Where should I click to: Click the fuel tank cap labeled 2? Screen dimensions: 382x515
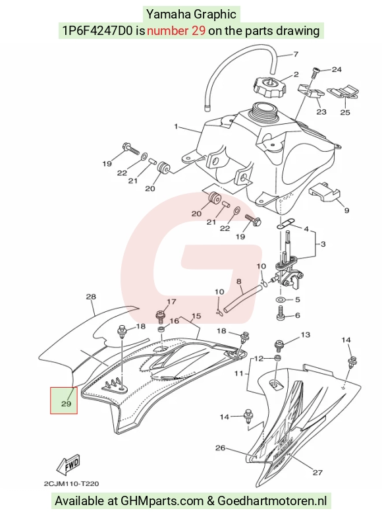[x=269, y=86]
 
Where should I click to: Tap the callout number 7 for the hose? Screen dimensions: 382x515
[x=296, y=54]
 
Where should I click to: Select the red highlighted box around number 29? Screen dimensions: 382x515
[x=64, y=400]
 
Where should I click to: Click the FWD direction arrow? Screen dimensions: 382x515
[x=68, y=466]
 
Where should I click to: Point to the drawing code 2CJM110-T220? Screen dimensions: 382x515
[x=71, y=484]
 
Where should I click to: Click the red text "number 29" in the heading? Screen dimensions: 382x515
[x=177, y=30]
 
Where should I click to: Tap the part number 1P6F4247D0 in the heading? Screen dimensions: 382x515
[x=97, y=30]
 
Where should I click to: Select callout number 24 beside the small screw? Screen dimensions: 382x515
[x=337, y=69]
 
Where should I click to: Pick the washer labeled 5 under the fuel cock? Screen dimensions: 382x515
[x=281, y=300]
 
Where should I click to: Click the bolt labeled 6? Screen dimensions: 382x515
[x=281, y=313]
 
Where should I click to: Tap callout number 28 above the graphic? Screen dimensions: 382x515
[x=91, y=297]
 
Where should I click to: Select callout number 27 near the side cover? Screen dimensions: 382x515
[x=317, y=472]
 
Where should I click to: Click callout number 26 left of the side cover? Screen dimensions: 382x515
[x=220, y=448]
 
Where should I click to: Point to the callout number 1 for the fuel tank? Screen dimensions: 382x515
[x=176, y=126]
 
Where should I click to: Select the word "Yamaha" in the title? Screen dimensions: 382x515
[x=168, y=14]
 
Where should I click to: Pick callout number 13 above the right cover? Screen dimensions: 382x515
[x=305, y=335]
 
